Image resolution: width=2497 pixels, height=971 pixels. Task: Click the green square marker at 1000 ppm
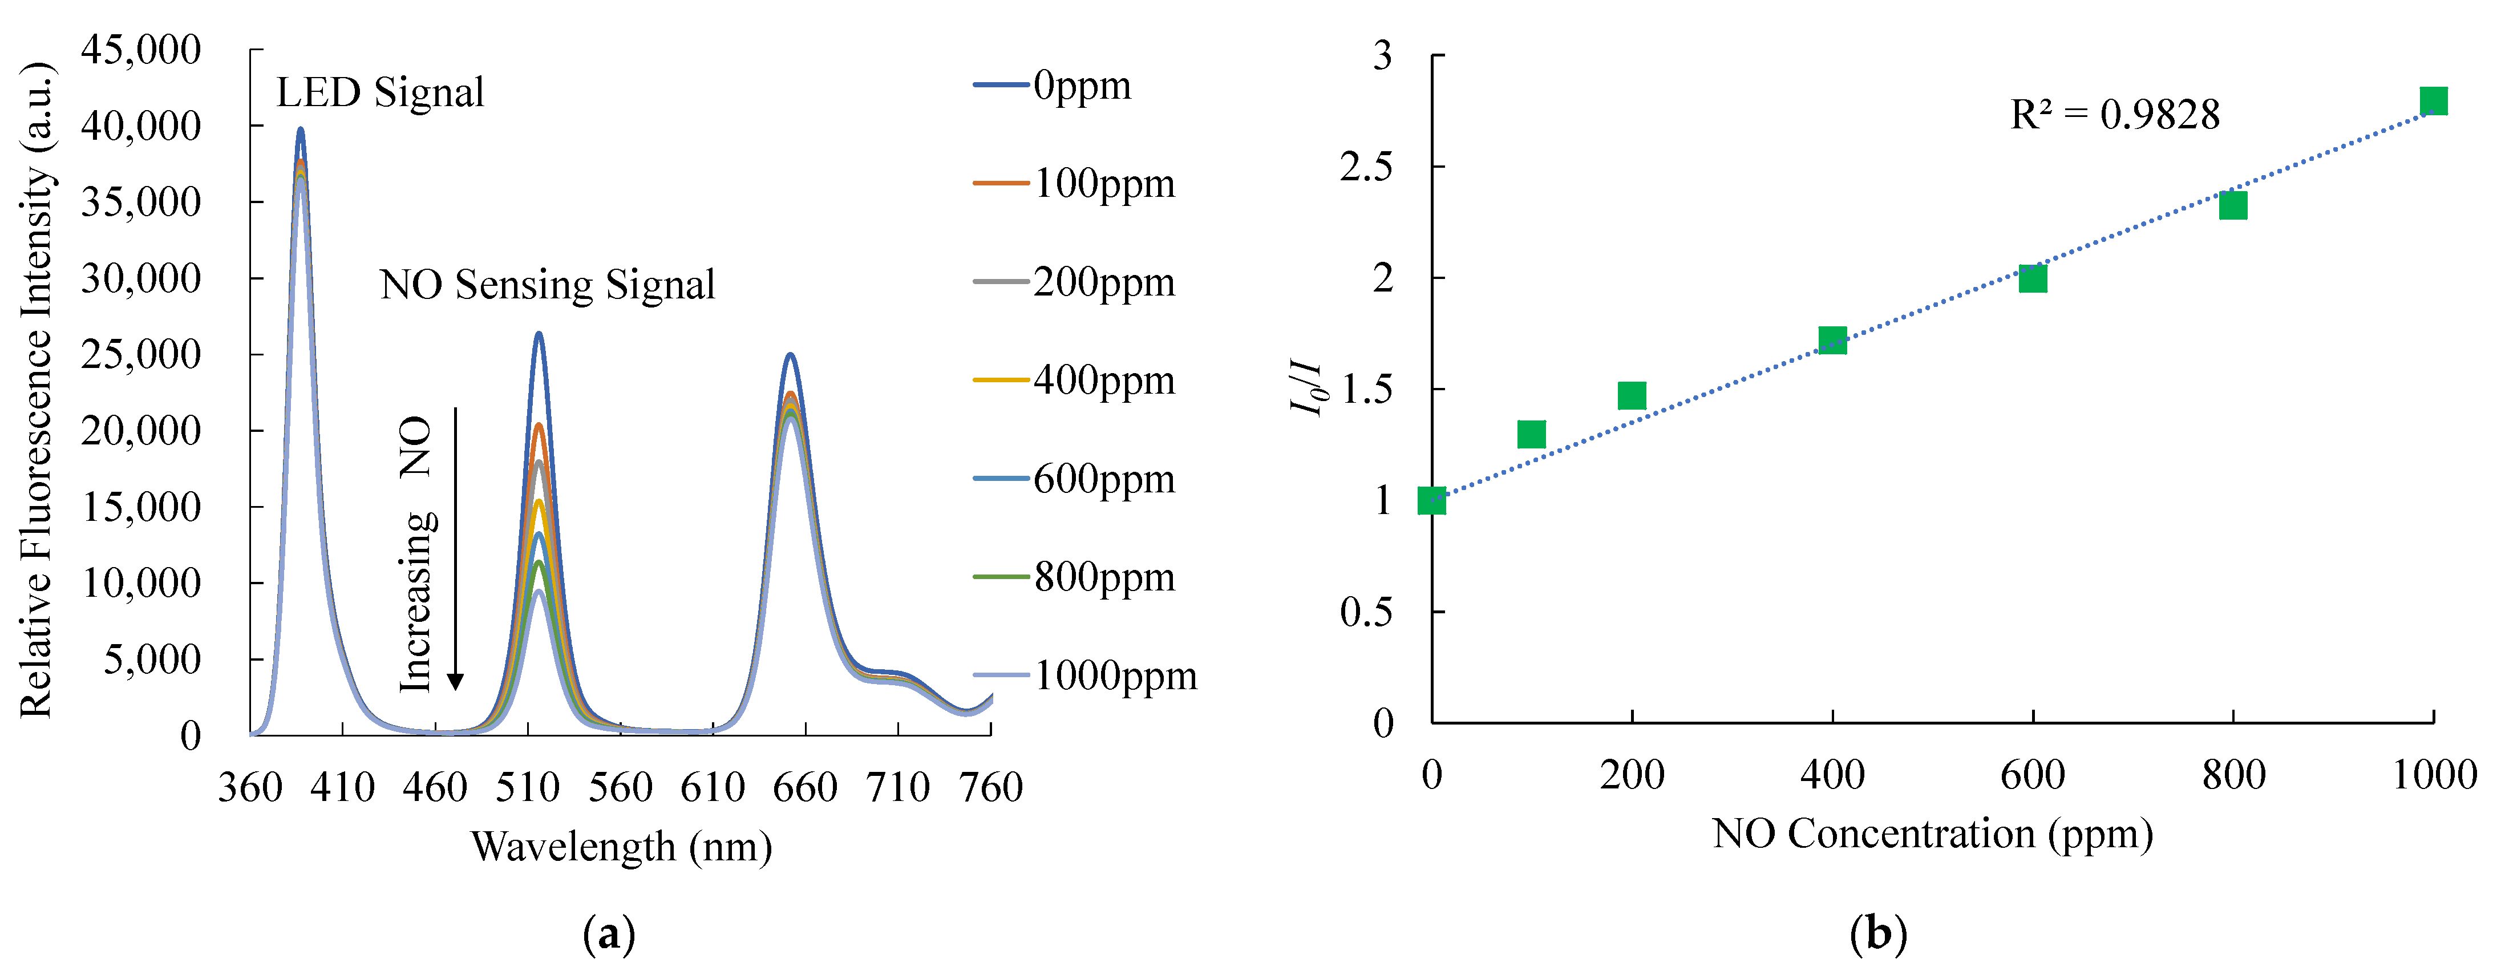coord(2433,101)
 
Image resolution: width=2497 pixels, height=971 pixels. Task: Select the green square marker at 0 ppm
coord(1432,500)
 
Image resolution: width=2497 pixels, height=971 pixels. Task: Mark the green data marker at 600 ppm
coord(2033,278)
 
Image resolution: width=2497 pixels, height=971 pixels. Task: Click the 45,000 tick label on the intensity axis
coord(140,50)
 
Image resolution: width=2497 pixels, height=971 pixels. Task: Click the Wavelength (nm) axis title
coord(621,847)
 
